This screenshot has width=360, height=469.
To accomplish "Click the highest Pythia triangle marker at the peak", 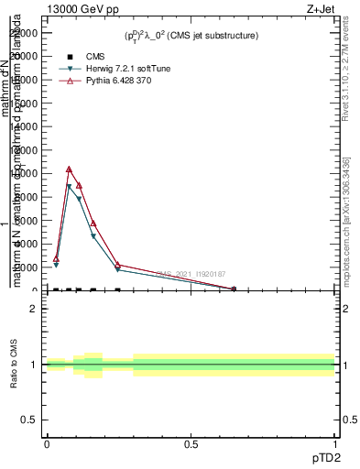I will [69, 169].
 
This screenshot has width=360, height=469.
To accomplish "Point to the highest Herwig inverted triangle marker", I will [69, 187].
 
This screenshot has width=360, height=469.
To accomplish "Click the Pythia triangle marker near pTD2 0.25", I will [118, 265].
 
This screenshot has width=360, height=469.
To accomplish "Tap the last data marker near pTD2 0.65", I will [233, 289].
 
